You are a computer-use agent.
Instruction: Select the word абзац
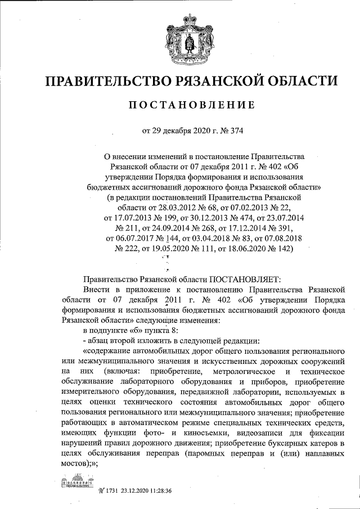[100, 341]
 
